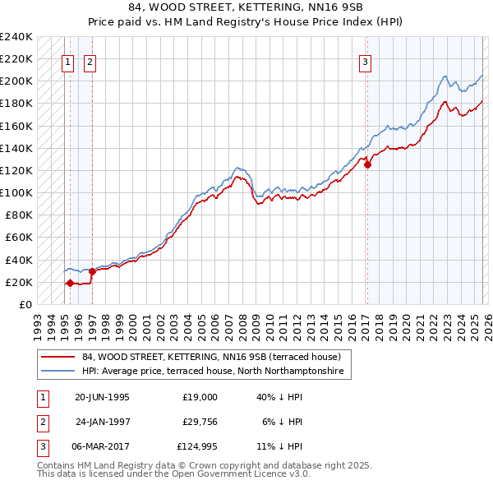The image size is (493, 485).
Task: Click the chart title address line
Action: pyautogui.click(x=246, y=7)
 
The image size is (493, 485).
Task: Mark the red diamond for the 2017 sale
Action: pyautogui.click(x=367, y=164)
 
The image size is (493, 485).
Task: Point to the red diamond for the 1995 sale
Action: pyautogui.click(x=70, y=283)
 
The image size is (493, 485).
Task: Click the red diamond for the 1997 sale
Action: pyautogui.click(x=92, y=271)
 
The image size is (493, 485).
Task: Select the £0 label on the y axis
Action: pyautogui.click(x=25, y=304)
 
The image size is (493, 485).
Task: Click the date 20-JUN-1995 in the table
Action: pyautogui.click(x=102, y=396)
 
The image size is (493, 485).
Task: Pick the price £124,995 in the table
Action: pyautogui.click(x=197, y=447)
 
